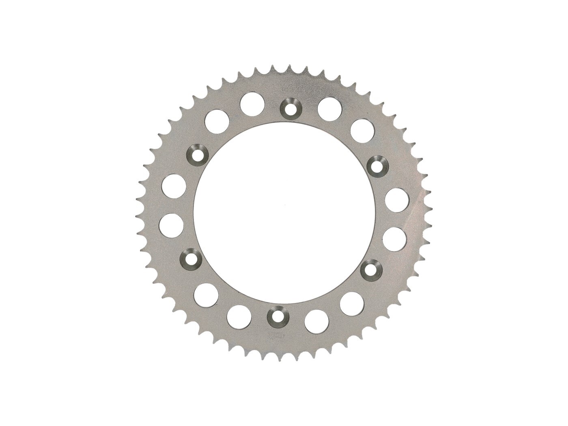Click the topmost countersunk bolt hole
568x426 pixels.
pyautogui.click(x=290, y=108)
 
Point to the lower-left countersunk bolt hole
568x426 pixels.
pyautogui.click(x=190, y=258)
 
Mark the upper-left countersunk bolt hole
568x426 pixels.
pyautogui.click(x=198, y=154)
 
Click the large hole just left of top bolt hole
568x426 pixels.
pyautogui.click(x=252, y=103)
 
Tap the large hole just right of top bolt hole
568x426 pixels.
pyautogui.click(x=329, y=108)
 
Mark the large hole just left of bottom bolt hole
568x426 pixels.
pyautogui.click(x=239, y=316)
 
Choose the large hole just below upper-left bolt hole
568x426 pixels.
pyautogui.click(x=174, y=186)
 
